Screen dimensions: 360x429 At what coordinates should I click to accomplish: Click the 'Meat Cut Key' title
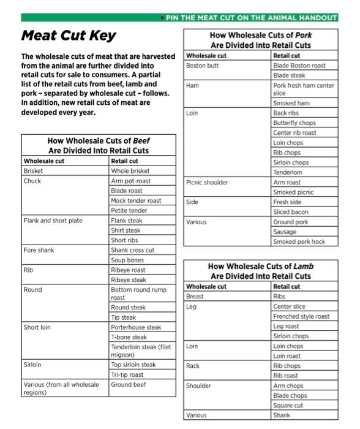(69, 36)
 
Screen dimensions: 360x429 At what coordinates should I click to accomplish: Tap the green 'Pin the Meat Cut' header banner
(251, 18)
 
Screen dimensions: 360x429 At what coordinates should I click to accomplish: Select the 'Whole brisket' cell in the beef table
(130, 171)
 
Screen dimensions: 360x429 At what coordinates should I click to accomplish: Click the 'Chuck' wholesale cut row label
(32, 181)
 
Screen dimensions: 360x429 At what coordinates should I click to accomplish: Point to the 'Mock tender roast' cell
(136, 200)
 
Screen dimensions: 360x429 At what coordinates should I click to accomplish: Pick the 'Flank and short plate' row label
(53, 220)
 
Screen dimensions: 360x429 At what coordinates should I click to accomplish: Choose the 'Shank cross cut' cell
(132, 250)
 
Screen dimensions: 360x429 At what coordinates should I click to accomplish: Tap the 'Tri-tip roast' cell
(127, 374)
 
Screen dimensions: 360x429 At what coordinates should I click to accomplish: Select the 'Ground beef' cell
(129, 385)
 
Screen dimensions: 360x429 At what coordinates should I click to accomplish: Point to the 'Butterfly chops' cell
(294, 123)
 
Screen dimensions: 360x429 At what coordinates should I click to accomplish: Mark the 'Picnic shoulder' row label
(207, 182)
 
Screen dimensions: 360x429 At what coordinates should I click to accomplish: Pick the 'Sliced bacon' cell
(290, 212)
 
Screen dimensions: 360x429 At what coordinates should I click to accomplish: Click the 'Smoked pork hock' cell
(299, 241)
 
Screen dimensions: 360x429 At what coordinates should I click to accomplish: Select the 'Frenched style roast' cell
(301, 316)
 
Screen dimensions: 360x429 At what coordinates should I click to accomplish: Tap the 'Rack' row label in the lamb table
(193, 366)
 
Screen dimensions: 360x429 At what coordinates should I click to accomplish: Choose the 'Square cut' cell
(288, 406)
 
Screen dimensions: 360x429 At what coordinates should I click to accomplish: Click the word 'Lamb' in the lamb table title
(304, 267)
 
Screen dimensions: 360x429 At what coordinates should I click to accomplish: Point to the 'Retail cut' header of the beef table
(124, 161)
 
